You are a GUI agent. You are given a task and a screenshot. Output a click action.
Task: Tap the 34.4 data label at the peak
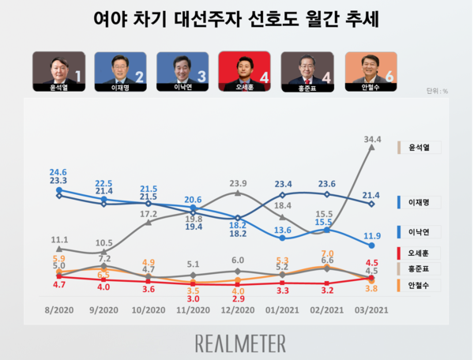370,139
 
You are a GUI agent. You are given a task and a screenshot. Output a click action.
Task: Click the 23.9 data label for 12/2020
238,183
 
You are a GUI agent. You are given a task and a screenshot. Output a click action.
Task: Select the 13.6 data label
283,230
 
